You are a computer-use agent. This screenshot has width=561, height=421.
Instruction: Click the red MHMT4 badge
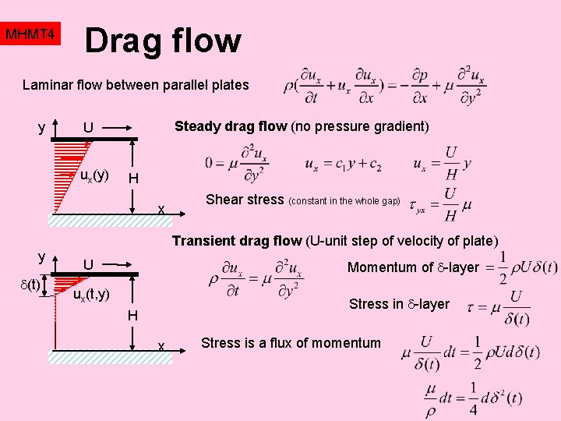30,35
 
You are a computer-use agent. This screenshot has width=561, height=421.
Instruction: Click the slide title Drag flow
163,40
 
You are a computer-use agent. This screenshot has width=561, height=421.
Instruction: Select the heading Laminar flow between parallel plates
136,85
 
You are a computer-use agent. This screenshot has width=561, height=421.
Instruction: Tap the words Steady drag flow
231,126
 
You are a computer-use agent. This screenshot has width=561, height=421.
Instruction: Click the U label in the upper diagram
89,128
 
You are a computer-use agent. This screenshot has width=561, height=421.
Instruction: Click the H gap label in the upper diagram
133,179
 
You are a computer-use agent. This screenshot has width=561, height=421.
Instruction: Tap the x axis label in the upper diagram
161,209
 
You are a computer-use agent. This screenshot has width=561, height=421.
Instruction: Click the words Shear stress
245,200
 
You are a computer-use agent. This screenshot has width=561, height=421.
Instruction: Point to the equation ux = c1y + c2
343,165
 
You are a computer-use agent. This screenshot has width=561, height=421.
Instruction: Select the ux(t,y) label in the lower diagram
91,294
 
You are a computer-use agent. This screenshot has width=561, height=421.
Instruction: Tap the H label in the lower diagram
133,315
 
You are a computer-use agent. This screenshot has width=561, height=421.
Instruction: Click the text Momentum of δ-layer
413,267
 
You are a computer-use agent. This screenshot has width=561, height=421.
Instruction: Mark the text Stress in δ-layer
399,303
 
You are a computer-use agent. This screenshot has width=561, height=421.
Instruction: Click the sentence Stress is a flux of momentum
291,342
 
